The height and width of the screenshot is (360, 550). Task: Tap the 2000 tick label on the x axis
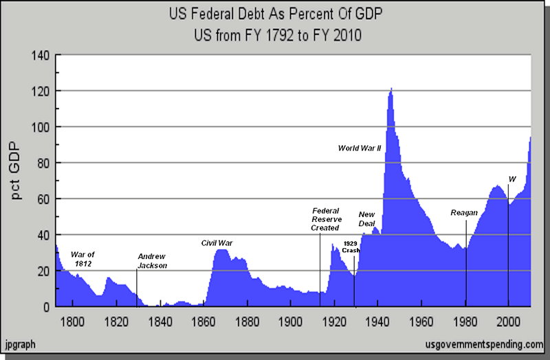pyautogui.click(x=509, y=320)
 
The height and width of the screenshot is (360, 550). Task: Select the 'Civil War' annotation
pyautogui.click(x=217, y=243)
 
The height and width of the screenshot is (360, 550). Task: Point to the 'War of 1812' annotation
pyautogui.click(x=82, y=259)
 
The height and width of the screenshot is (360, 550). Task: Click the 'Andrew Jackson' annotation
pyautogui.click(x=153, y=260)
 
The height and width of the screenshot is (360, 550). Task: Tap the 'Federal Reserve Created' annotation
pyautogui.click(x=326, y=219)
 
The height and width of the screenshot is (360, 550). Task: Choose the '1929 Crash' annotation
pyautogui.click(x=351, y=247)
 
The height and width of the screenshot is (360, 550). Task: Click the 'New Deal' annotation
pyautogui.click(x=368, y=219)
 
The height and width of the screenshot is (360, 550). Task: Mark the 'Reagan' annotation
pyautogui.click(x=464, y=213)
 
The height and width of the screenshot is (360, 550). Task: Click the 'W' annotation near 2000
pyautogui.click(x=511, y=179)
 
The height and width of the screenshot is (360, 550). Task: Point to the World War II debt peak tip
pyautogui.click(x=391, y=89)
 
